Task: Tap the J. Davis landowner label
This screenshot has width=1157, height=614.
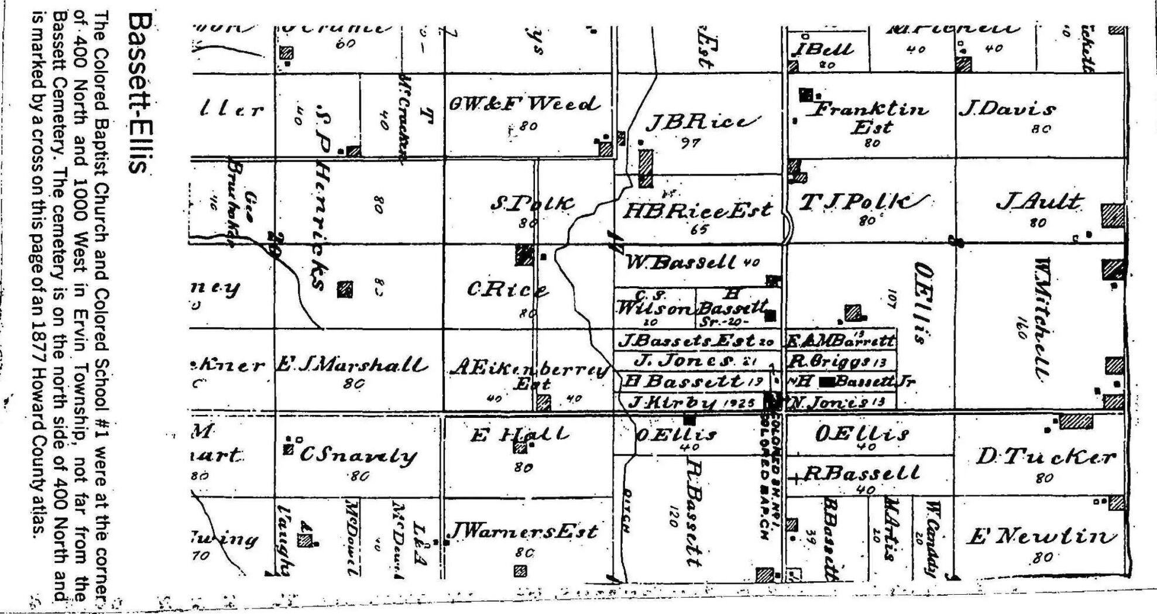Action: pos(1007,109)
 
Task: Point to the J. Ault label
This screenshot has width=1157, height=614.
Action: pos(1038,203)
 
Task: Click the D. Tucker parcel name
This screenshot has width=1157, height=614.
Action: pos(1045,457)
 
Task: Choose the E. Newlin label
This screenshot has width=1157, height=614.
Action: pos(1041,536)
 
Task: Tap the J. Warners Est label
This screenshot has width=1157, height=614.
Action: pos(523,531)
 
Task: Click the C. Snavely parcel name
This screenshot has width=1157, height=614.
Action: pos(358,455)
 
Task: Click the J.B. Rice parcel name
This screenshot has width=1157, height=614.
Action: pos(702,122)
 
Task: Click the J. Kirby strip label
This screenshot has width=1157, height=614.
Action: pos(691,403)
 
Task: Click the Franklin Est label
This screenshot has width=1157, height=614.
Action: pos(871,117)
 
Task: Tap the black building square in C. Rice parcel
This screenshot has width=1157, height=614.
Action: pos(524,255)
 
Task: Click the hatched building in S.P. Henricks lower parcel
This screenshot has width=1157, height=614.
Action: pos(345,289)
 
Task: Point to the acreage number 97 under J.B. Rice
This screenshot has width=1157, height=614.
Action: pos(691,142)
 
